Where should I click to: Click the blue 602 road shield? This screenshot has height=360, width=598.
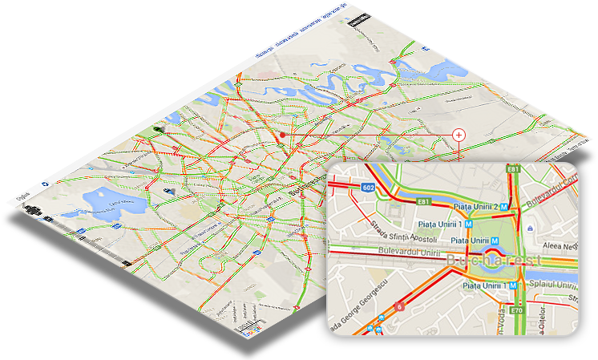368,188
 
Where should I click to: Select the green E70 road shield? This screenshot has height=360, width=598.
518,310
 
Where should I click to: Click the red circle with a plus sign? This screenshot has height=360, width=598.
459,135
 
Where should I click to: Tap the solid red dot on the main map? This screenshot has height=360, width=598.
282,136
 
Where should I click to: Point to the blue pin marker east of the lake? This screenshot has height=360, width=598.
169,191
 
